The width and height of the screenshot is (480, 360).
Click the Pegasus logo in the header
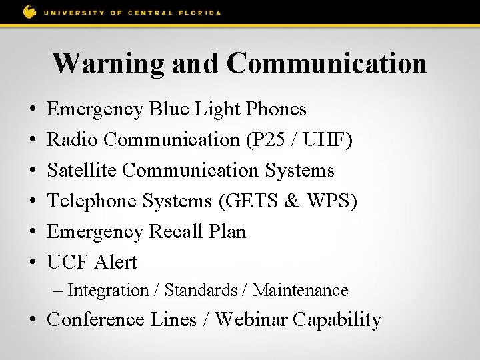click(x=29, y=11)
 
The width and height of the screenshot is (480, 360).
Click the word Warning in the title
click(x=109, y=63)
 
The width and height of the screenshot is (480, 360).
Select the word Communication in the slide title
click(x=326, y=63)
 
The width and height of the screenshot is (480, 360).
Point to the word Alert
click(x=115, y=262)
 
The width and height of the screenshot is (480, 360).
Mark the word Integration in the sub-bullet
click(x=108, y=291)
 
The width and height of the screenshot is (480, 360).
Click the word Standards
click(x=201, y=291)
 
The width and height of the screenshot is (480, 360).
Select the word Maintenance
click(x=300, y=291)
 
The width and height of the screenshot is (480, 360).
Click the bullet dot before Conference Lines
click(x=33, y=321)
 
